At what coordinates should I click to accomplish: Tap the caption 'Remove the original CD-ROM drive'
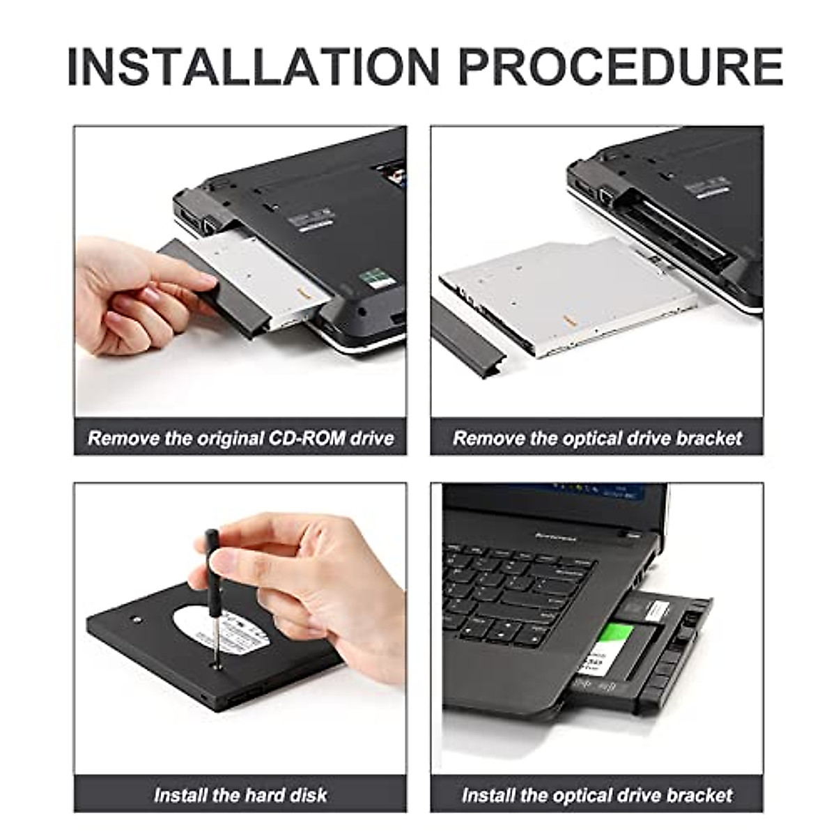240,438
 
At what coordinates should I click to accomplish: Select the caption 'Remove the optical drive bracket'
597,438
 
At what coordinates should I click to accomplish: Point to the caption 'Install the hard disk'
240,795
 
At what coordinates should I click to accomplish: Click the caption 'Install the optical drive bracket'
597,795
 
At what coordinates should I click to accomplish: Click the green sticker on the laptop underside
374,277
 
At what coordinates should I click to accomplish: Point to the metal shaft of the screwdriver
217,627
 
